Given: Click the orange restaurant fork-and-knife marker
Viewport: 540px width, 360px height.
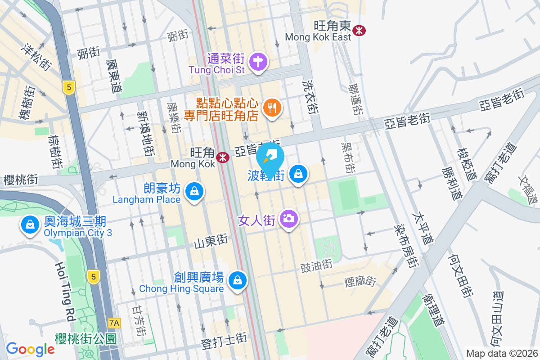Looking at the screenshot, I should pyautogui.click(x=272, y=108).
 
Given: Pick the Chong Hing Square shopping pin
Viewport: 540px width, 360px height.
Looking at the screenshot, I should pyautogui.click(x=237, y=281).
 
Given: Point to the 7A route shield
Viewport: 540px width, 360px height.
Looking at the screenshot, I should pyautogui.click(x=115, y=323).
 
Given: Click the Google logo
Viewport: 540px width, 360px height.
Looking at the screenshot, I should pyautogui.click(x=30, y=349).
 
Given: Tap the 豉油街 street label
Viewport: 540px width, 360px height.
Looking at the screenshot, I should pyautogui.click(x=316, y=265).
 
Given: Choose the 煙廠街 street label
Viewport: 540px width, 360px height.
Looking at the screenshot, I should pyautogui.click(x=360, y=281).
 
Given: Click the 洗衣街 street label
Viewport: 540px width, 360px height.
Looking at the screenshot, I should pyautogui.click(x=310, y=97).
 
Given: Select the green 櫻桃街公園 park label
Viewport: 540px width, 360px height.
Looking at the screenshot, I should pyautogui.click(x=85, y=338).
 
